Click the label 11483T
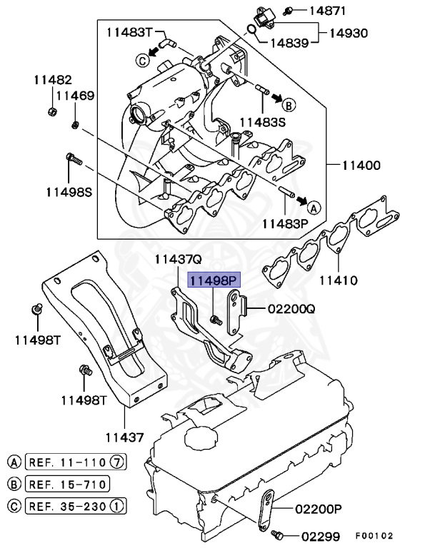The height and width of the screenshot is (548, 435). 130,31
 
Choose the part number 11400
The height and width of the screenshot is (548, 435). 360,165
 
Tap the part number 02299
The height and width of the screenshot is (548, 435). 320,535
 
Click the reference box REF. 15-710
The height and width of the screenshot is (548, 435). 67,484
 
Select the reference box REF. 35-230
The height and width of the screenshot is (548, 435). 67,507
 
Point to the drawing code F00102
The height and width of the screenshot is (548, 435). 374,535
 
